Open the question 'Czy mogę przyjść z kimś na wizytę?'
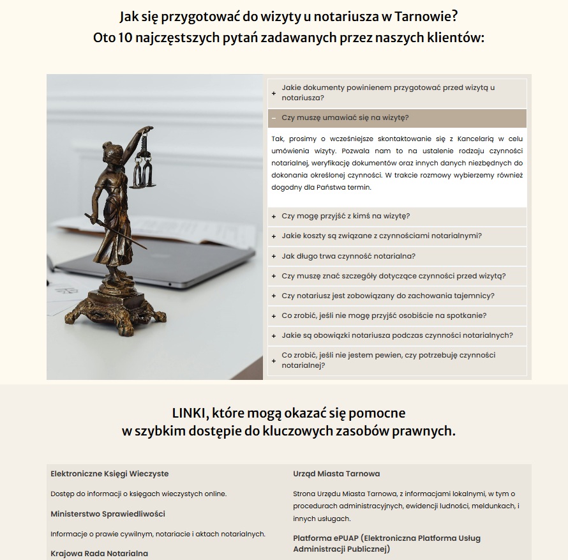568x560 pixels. [x=345, y=216]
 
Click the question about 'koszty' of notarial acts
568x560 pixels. [x=381, y=236]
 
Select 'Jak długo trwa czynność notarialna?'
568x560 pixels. [x=348, y=256]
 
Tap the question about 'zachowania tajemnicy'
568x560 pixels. [x=388, y=296]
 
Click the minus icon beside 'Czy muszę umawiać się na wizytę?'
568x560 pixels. [x=273, y=118]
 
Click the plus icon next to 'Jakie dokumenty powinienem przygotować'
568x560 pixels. [x=274, y=93]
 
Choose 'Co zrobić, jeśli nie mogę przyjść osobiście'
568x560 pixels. [x=384, y=315]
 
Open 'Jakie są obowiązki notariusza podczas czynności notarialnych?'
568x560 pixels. [x=397, y=335]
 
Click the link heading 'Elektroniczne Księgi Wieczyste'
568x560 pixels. [x=110, y=474]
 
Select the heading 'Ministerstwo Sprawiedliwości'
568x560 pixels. [x=108, y=513]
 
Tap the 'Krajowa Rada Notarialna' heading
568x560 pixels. [x=99, y=553]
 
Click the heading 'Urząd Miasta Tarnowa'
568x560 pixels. [x=336, y=474]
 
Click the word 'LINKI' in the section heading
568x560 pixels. [x=188, y=412]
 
